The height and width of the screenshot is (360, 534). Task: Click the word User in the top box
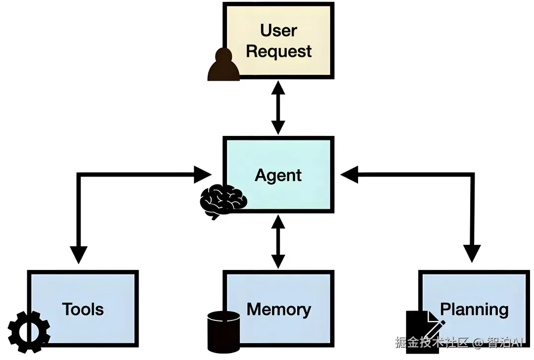278,30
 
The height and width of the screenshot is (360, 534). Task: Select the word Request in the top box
278,51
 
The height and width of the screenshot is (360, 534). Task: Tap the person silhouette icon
223,65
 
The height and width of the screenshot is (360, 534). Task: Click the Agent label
278,175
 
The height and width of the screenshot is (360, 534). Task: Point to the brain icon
223,201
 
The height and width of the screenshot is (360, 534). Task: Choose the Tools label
83,309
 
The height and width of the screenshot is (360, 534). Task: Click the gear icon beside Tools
29,330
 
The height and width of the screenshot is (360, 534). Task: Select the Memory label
278,309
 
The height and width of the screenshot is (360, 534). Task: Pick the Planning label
474,309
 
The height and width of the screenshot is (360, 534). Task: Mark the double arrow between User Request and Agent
278,107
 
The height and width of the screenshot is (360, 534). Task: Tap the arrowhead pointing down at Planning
474,254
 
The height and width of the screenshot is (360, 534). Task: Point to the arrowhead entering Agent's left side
203,174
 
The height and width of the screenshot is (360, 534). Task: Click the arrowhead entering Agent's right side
349,174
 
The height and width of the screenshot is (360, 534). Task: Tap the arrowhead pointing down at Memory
278,261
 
